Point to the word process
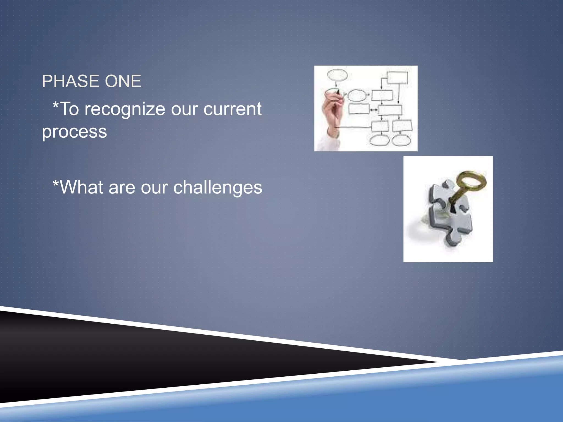(x=74, y=132)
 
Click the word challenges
(x=217, y=187)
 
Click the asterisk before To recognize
(x=56, y=105)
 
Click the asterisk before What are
(x=56, y=183)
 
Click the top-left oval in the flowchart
(x=337, y=75)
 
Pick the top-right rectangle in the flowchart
(x=397, y=78)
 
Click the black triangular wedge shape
(x=137, y=357)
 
